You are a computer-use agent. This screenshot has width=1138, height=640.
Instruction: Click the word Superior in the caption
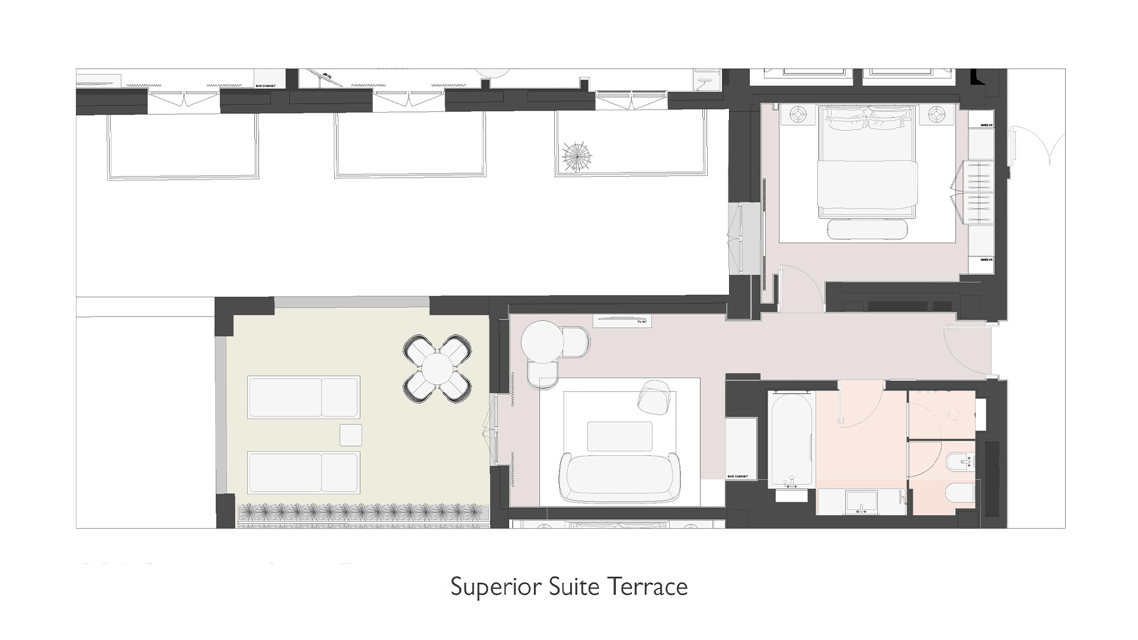coord(496,587)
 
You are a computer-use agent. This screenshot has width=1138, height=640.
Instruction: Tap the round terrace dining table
coord(437,367)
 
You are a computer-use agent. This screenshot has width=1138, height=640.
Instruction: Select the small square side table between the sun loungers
coord(350,435)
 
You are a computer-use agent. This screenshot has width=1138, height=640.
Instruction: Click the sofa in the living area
coord(620,478)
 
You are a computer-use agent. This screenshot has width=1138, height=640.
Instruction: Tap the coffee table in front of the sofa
coord(619,436)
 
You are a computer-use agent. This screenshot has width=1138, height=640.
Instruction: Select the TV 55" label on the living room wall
coord(641,322)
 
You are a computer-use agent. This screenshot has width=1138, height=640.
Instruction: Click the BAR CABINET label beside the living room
coord(737,476)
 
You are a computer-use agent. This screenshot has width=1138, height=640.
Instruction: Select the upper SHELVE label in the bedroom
coord(986,126)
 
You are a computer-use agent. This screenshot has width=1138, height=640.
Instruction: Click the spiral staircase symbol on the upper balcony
coord(577,157)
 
